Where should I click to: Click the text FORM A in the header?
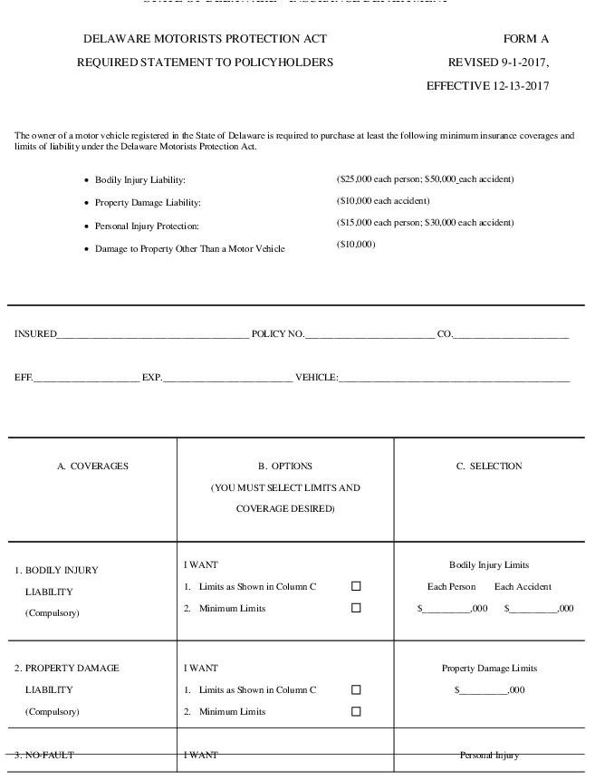(526, 39)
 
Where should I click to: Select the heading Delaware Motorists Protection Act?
(205, 39)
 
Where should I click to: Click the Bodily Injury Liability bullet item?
(139, 180)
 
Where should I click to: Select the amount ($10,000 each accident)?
(383, 200)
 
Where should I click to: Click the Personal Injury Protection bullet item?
(147, 226)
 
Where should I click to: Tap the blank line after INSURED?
(153, 334)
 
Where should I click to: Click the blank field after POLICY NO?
(369, 334)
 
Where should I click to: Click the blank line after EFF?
(86, 378)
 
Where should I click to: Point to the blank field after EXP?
(227, 378)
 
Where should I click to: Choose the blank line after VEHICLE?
(454, 378)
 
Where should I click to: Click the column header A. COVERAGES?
(92, 467)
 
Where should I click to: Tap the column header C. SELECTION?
(489, 467)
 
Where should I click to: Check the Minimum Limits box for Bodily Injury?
(356, 608)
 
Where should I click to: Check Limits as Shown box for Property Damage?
(356, 689)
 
